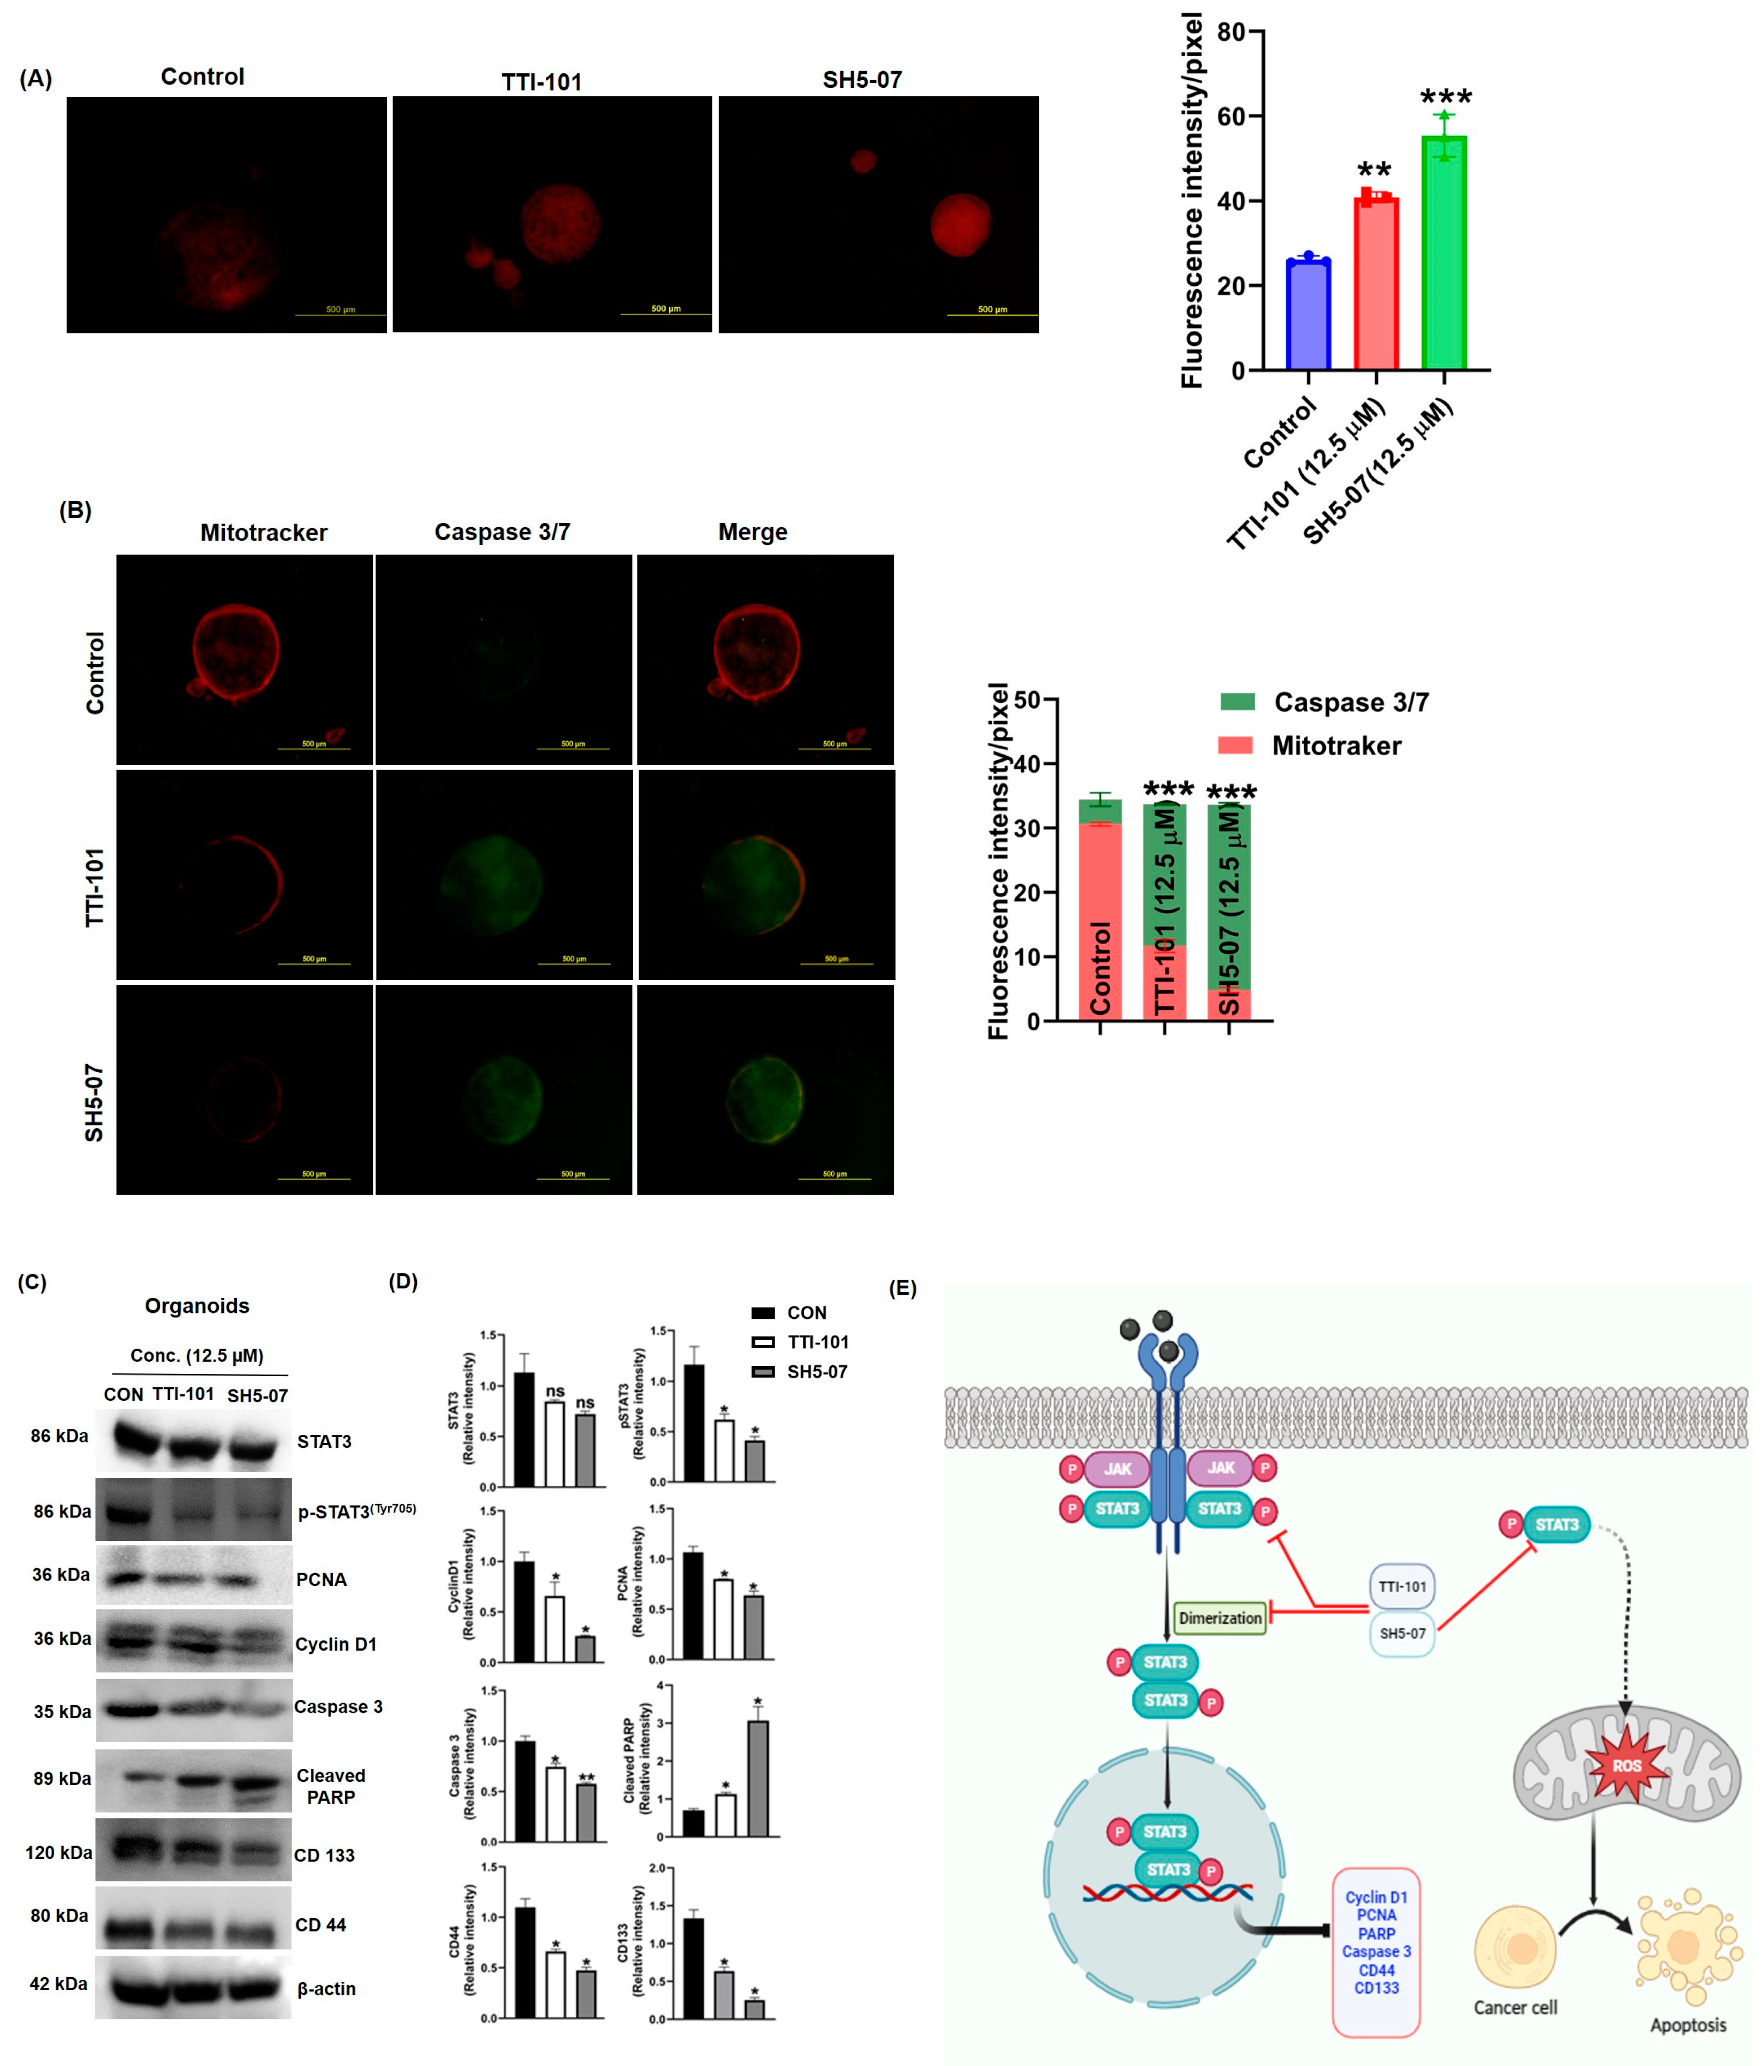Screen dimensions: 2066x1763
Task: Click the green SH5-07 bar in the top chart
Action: (1443, 254)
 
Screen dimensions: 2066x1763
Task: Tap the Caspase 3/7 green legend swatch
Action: (1236, 702)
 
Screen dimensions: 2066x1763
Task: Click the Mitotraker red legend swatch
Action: (1235, 745)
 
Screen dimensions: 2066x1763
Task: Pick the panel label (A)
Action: (36, 79)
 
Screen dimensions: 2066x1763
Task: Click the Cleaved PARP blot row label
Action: (331, 1786)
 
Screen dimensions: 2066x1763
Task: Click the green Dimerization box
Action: (1220, 1619)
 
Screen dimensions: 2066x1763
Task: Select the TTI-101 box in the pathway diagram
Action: (1402, 1586)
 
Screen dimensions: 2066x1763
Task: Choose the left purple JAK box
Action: (1117, 1469)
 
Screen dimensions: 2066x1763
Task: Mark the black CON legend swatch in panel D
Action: (763, 1313)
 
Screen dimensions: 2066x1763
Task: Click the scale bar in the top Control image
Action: (340, 315)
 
